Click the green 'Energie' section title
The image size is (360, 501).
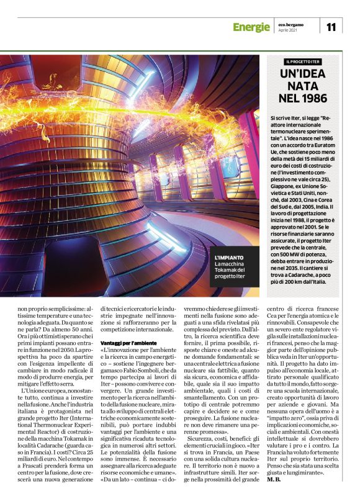click(x=251, y=27)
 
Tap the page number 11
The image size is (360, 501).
click(x=331, y=26)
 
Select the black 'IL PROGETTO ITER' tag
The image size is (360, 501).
click(x=304, y=62)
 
